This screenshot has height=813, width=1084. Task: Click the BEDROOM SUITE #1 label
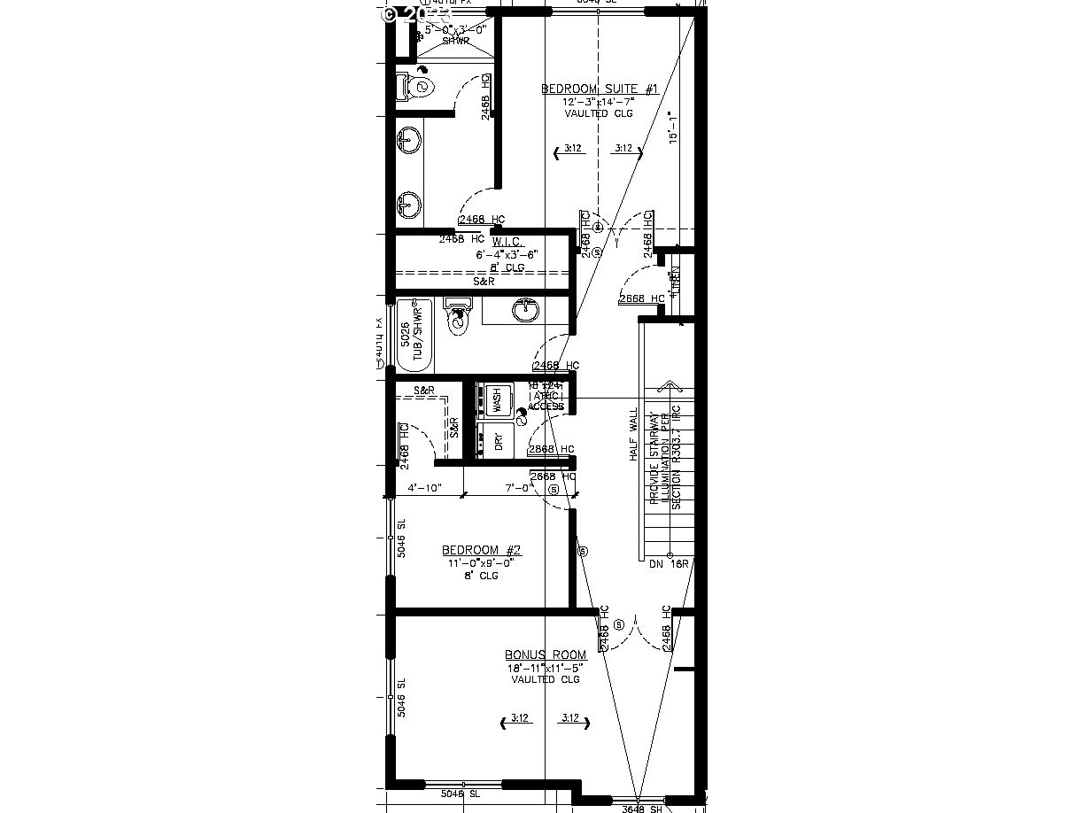pyautogui.click(x=600, y=89)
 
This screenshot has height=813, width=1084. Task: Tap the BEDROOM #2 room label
pyautogui.click(x=482, y=550)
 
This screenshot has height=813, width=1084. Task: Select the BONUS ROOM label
pyautogui.click(x=546, y=654)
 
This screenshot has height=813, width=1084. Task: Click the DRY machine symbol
pyautogui.click(x=498, y=440)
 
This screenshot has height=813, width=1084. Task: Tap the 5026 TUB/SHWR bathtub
pyautogui.click(x=413, y=337)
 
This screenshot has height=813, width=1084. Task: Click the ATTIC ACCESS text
pyautogui.click(x=546, y=400)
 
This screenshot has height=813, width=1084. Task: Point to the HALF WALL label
pyautogui.click(x=633, y=434)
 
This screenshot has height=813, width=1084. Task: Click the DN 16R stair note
pyautogui.click(x=669, y=564)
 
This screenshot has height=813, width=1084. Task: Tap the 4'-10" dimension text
pyautogui.click(x=424, y=488)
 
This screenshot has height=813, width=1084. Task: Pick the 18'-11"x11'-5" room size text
pyautogui.click(x=546, y=667)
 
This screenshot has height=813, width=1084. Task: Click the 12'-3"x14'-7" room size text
pyautogui.click(x=599, y=102)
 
